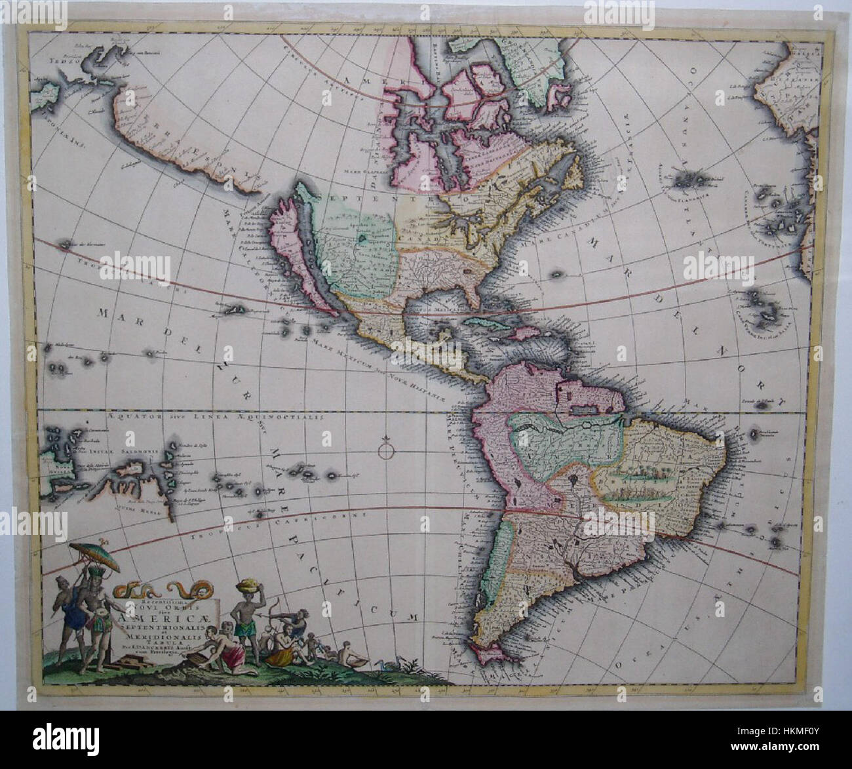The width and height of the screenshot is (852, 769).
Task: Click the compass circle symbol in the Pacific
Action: pyautogui.click(x=386, y=451)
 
